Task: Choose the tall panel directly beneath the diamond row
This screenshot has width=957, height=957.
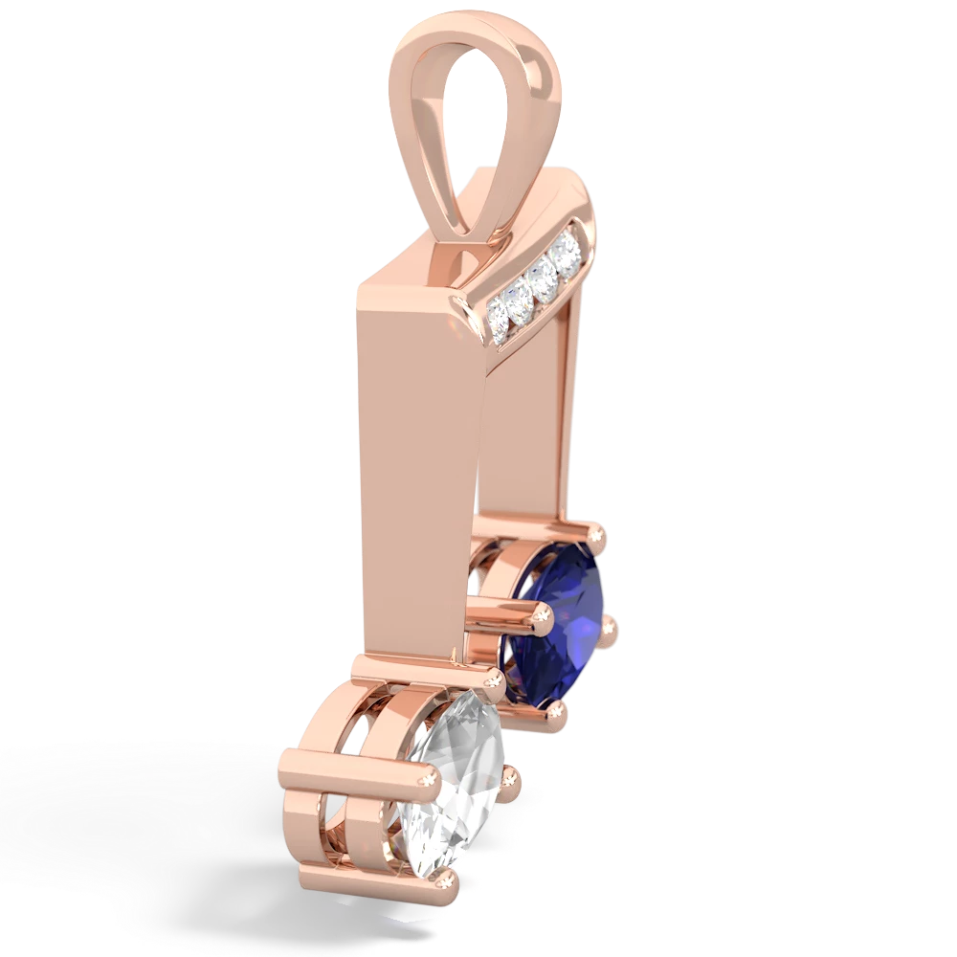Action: [x=531, y=412]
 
